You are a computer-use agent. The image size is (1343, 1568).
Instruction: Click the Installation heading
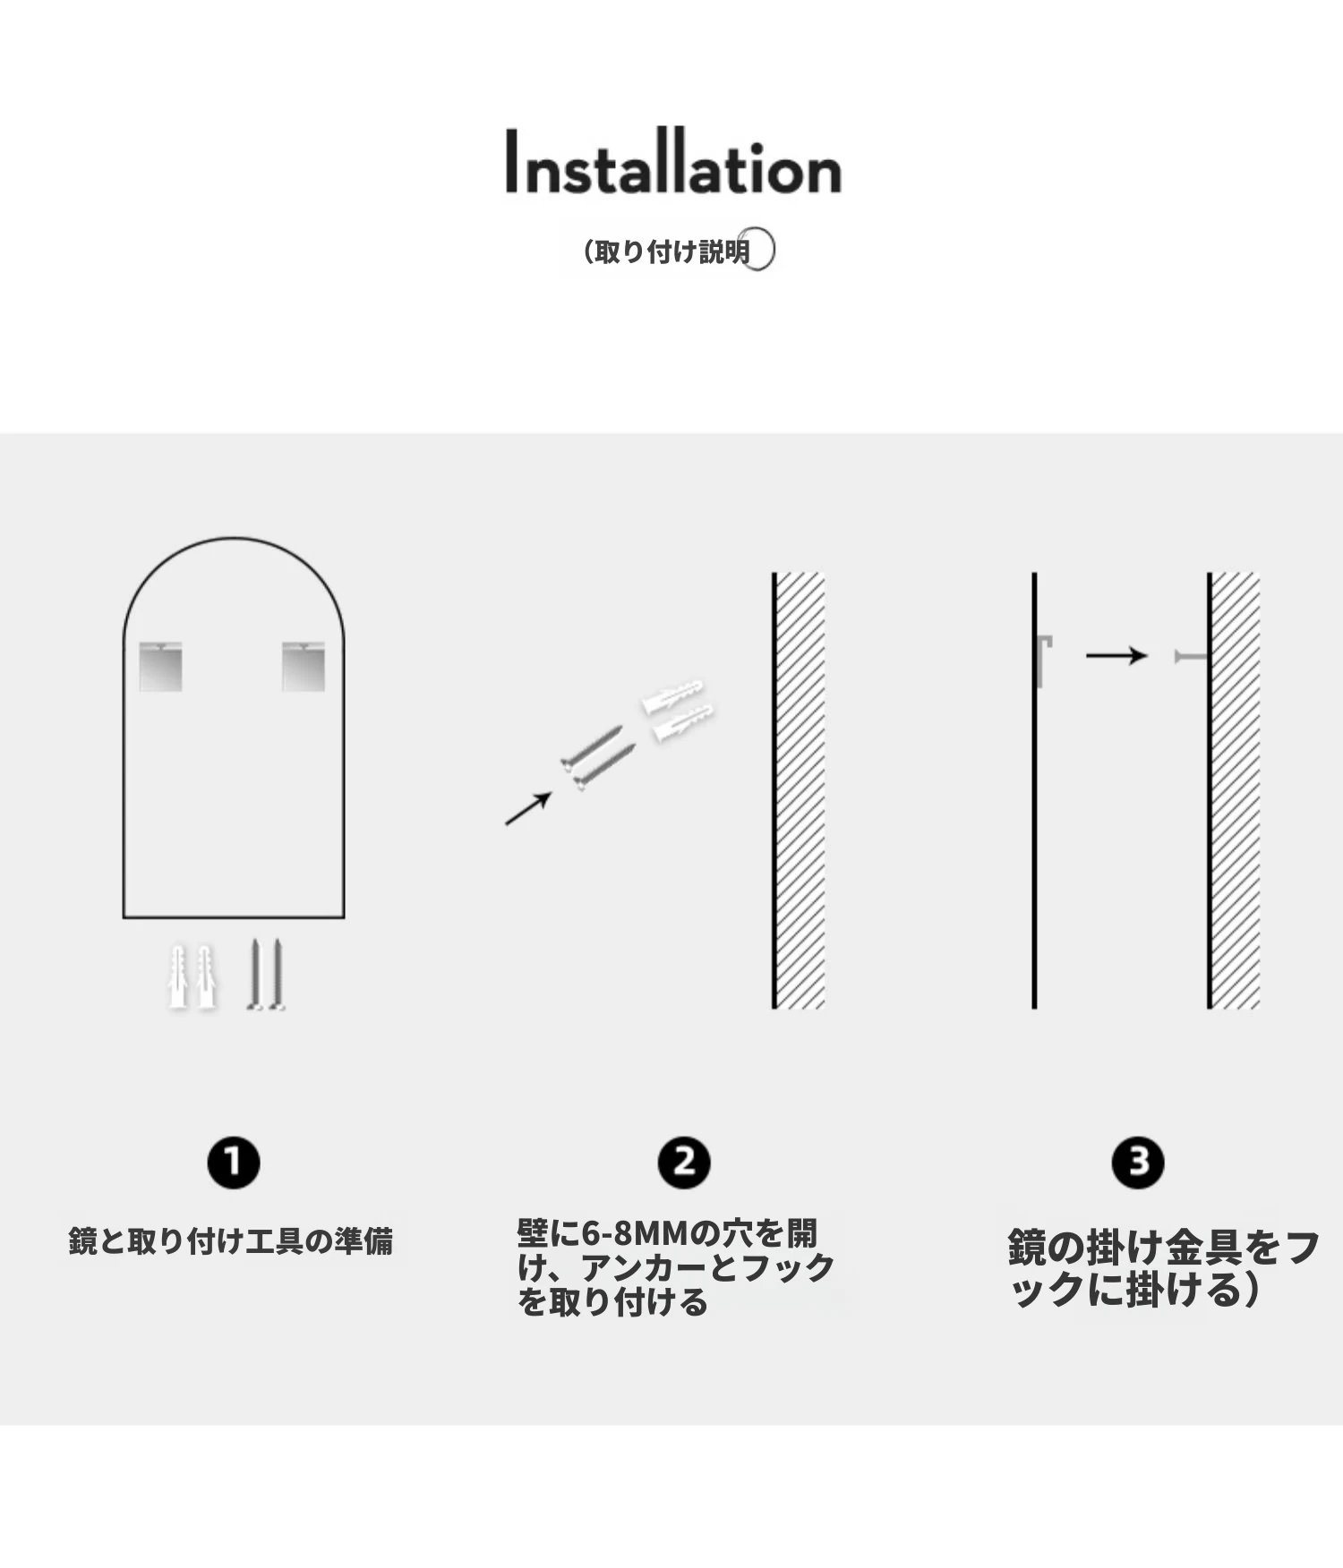[673, 162]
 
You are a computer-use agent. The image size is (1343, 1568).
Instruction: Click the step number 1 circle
[234, 1163]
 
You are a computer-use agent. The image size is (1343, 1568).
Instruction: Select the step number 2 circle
[684, 1163]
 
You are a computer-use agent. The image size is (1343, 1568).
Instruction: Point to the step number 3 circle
[1138, 1163]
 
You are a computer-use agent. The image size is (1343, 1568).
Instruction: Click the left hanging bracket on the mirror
[161, 666]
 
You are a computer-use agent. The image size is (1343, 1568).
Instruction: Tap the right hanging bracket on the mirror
[304, 666]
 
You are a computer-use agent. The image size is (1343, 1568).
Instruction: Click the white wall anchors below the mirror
[192, 977]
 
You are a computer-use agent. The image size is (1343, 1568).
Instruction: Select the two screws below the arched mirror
[266, 975]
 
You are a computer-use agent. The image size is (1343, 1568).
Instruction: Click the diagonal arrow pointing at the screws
[528, 808]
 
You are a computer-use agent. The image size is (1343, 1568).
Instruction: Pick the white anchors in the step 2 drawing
[678, 711]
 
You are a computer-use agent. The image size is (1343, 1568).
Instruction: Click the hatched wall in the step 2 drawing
[799, 790]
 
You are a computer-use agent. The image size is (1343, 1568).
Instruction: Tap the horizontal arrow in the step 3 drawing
[1116, 656]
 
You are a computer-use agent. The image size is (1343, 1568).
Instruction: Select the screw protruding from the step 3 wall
[1192, 657]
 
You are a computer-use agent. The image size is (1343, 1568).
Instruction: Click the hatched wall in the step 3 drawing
[1234, 790]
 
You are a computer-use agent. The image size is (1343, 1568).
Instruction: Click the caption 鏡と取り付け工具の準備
[231, 1241]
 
